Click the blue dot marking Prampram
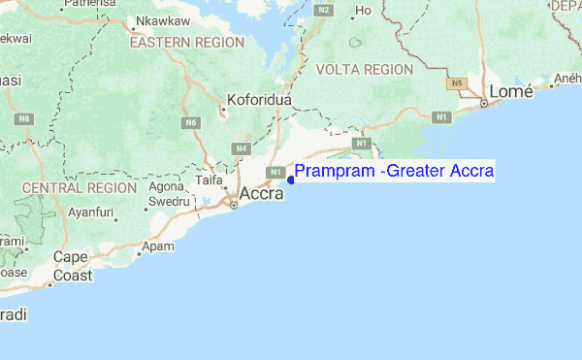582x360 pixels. [x=291, y=180]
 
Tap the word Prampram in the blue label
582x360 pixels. [x=333, y=172]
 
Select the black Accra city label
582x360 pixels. [x=262, y=193]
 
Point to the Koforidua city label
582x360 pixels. [x=259, y=99]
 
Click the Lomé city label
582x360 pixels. [x=511, y=91]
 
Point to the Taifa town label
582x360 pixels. [x=210, y=180]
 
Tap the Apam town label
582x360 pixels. [x=158, y=246]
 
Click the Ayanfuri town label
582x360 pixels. [x=92, y=212]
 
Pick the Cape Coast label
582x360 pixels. [x=73, y=266]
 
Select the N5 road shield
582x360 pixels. [x=455, y=84]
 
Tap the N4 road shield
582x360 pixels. [x=242, y=148]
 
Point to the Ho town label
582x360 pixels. [x=365, y=12]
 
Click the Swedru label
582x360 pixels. [x=165, y=201]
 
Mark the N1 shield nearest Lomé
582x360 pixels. [x=441, y=117]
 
